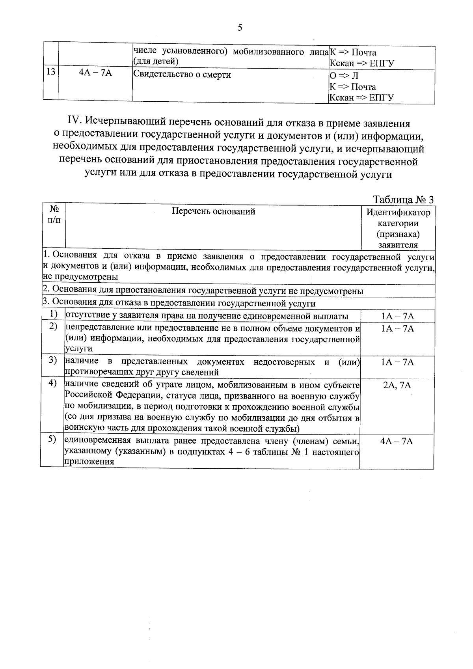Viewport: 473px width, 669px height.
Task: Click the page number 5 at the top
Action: point(240,28)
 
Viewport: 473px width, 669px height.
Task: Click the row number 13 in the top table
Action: point(50,73)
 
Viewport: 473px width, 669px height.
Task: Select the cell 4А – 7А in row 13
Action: point(95,73)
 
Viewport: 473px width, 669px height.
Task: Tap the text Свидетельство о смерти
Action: point(182,74)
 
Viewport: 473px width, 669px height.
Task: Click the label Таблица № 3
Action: point(403,199)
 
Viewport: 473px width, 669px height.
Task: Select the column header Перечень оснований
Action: point(213,211)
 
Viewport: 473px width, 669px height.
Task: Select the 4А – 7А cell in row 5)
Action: point(397,441)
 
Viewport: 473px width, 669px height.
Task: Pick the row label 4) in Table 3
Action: point(53,383)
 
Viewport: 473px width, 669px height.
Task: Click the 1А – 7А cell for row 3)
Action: point(397,362)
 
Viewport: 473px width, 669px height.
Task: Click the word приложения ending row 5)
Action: point(84,462)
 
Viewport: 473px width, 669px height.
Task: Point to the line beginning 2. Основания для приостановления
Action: point(203,291)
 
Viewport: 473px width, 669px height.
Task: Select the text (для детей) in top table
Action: point(156,61)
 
